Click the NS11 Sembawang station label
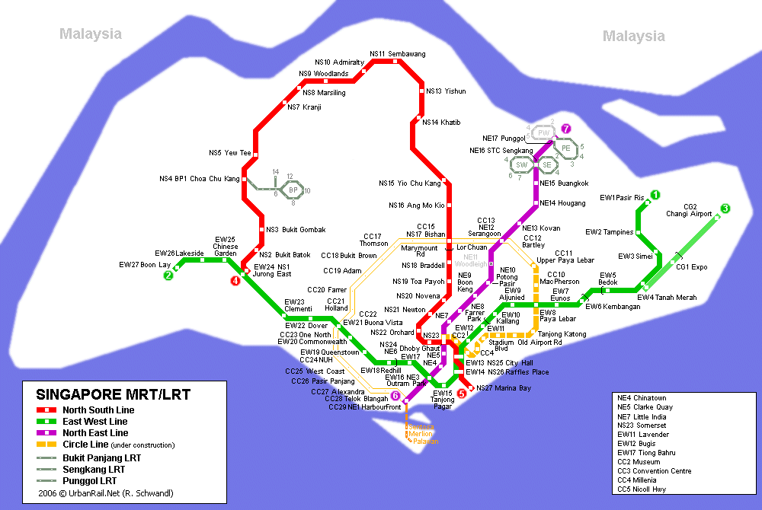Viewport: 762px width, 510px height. pyautogui.click(x=397, y=54)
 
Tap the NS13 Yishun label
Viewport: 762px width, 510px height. pyautogui.click(x=446, y=91)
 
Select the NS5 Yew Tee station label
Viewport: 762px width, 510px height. pyautogui.click(x=229, y=153)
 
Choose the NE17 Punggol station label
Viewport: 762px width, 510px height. pyautogui.click(x=504, y=139)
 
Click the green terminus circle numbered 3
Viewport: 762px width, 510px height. pyautogui.click(x=725, y=209)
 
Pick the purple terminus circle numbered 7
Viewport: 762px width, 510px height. pyautogui.click(x=565, y=129)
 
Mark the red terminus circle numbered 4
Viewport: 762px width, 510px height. pyautogui.click(x=235, y=280)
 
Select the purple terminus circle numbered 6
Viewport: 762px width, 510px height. pyautogui.click(x=395, y=395)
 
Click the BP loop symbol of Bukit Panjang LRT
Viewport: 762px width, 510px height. pyautogui.click(x=293, y=190)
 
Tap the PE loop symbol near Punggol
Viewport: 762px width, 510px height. pyautogui.click(x=565, y=148)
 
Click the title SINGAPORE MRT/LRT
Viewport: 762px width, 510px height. pyautogui.click(x=113, y=395)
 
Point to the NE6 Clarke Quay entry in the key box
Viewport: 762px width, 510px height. pyautogui.click(x=642, y=407)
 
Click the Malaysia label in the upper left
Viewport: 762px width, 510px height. pyautogui.click(x=91, y=34)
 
